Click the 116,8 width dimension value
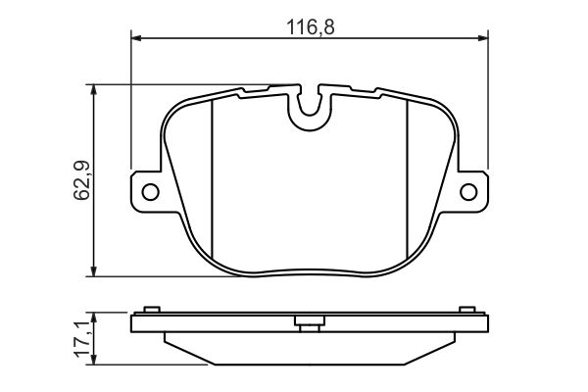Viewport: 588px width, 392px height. (x=310, y=27)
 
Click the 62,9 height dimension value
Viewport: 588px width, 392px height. (x=81, y=180)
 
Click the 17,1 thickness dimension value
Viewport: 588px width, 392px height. (x=81, y=339)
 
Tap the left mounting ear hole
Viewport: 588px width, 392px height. (x=150, y=192)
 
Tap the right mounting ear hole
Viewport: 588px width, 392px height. (x=468, y=192)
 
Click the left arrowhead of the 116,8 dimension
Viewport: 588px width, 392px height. (x=136, y=38)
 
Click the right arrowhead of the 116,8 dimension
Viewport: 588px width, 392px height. (x=483, y=38)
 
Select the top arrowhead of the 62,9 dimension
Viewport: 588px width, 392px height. (x=94, y=89)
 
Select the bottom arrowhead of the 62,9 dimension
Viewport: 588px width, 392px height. (x=94, y=271)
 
